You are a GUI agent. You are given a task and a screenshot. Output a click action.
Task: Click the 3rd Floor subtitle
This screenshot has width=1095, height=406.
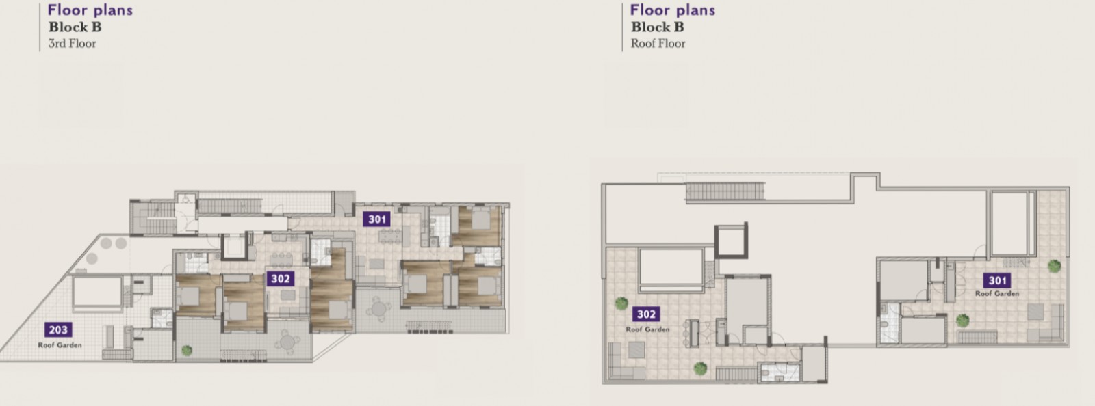coord(72,44)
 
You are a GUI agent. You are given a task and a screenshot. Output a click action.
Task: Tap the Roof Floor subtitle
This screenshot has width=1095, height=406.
coord(658,44)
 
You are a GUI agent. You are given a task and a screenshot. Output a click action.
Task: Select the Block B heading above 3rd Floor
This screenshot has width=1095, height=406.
coord(75,27)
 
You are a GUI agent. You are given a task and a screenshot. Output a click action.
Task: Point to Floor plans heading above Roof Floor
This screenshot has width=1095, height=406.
coord(672,10)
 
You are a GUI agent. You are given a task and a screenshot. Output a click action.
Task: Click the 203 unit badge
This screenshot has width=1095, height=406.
coord(58,330)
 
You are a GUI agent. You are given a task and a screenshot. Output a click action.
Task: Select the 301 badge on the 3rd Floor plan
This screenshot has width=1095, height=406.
coord(376,219)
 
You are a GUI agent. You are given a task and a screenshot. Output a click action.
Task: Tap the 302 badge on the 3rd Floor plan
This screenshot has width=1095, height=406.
coord(281,279)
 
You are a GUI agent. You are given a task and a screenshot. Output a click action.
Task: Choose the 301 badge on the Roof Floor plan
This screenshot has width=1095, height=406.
coord(997,281)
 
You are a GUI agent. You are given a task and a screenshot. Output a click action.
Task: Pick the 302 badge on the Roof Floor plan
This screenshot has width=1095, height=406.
coord(646,314)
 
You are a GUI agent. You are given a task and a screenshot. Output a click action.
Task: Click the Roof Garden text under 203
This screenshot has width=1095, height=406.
coord(60,345)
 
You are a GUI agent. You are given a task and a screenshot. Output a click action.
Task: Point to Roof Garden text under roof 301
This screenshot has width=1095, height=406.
coord(997,294)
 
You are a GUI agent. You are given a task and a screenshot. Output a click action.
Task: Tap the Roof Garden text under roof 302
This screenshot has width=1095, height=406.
coord(647,330)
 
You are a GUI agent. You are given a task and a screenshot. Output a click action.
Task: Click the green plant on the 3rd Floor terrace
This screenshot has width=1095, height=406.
coord(187,350)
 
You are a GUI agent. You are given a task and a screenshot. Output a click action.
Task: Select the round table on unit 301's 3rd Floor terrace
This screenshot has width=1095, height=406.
coord(379,310)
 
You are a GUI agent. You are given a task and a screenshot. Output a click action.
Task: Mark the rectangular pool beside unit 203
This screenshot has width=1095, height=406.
coord(97,292)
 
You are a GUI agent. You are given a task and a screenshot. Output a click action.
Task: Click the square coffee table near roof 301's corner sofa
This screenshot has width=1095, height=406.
coord(1036,312)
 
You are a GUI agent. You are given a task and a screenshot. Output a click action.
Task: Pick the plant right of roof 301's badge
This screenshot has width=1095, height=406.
coord(1054,266)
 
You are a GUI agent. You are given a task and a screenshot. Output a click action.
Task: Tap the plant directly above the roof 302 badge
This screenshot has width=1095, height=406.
coord(621,303)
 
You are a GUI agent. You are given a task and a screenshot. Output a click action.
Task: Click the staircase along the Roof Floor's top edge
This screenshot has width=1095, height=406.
coord(725,191)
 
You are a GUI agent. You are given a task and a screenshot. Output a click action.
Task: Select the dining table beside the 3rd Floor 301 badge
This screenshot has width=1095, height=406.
coord(390,236)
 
